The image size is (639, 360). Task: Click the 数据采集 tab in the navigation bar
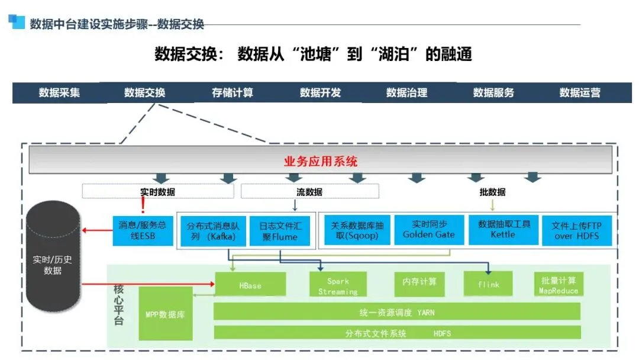click(59, 93)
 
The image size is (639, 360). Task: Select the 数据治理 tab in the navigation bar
click(406, 93)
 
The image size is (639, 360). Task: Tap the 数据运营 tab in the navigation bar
click(580, 93)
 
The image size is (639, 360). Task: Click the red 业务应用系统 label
click(321, 162)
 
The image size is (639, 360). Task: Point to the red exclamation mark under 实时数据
click(143, 205)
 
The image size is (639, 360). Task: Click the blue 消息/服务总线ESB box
click(143, 231)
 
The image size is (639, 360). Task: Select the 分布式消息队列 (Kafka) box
click(212, 231)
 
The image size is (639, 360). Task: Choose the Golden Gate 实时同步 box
click(428, 230)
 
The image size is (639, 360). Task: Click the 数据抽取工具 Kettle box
click(504, 230)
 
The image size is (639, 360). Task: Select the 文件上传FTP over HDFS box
click(576, 231)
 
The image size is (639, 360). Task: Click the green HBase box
click(250, 285)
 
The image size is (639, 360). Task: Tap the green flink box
click(488, 284)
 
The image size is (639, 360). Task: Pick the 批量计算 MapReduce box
click(558, 284)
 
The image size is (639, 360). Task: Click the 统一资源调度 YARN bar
click(396, 311)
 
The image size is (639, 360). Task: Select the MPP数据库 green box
click(165, 314)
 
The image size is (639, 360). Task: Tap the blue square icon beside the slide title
click(16, 22)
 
